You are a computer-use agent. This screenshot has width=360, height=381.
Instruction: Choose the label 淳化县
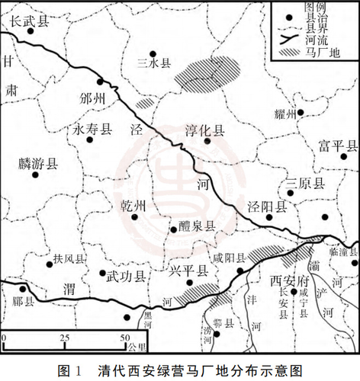[x=204, y=131]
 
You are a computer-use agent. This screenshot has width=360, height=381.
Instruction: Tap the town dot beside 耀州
[x=301, y=113]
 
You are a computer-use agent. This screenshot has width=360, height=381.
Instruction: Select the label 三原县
[x=305, y=183]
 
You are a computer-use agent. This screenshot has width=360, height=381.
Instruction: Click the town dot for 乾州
[x=134, y=216]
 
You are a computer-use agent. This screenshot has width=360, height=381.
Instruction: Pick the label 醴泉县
[x=197, y=227]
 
